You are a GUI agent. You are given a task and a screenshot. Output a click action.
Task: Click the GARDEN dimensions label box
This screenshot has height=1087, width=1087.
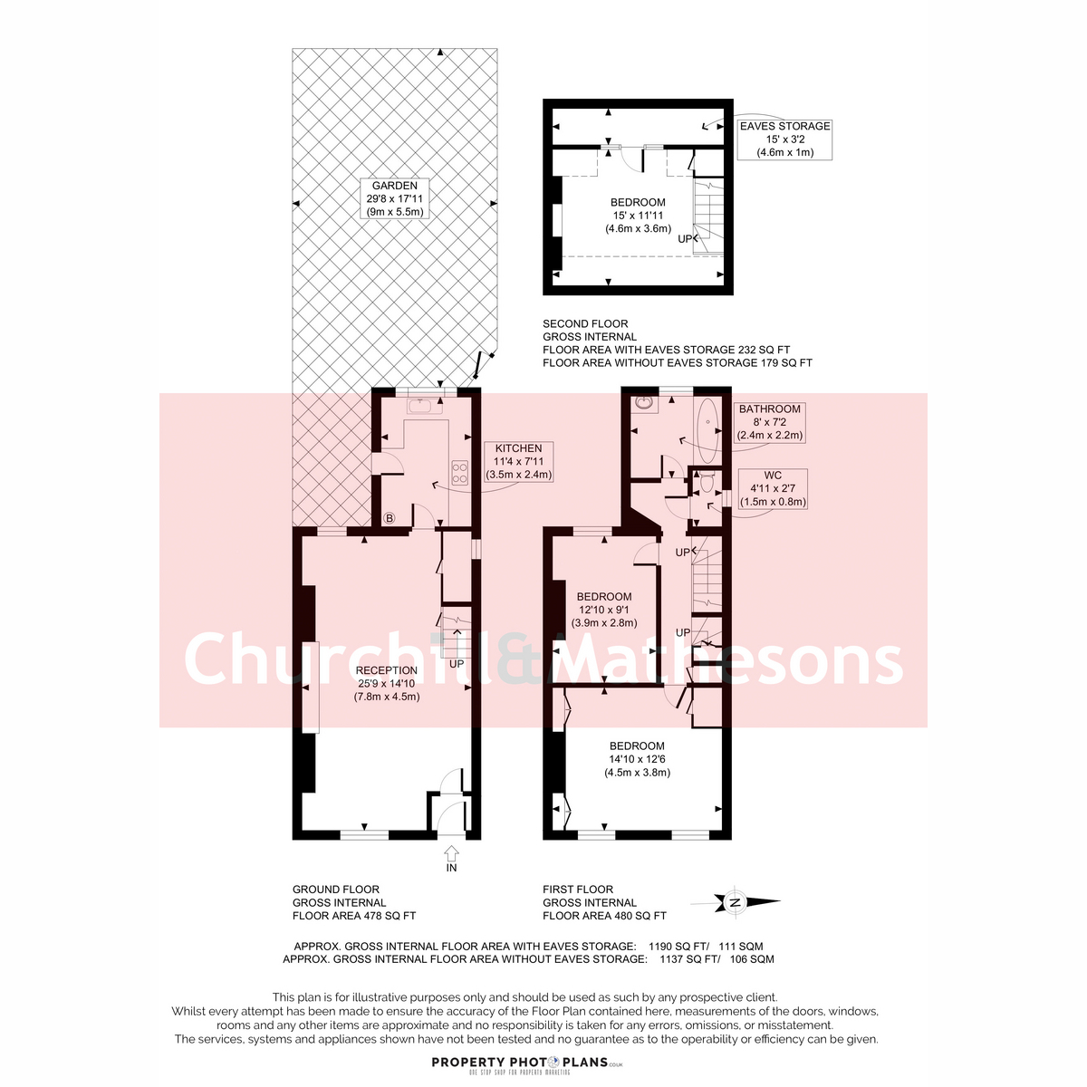(x=394, y=198)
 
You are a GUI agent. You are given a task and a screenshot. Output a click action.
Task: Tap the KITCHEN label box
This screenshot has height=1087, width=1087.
(x=518, y=461)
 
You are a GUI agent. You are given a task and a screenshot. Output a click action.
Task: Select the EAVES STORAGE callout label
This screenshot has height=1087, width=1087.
(x=784, y=139)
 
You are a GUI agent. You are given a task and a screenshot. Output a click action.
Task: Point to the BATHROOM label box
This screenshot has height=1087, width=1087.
(x=769, y=422)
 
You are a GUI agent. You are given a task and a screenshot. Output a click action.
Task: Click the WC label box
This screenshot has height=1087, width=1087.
(x=773, y=488)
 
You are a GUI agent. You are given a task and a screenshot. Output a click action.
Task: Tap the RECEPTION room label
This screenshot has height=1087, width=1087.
(x=387, y=683)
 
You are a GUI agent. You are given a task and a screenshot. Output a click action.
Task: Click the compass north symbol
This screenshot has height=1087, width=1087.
(x=736, y=902)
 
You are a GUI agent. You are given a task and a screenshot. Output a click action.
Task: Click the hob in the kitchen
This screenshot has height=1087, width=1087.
(x=460, y=473)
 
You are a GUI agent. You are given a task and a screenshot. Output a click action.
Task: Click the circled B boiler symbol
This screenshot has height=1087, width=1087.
(x=390, y=518)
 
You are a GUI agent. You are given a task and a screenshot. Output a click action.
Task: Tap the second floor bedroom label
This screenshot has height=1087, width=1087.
(x=638, y=215)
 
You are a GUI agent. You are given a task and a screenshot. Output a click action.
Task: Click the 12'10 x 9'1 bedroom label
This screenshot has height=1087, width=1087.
(x=604, y=610)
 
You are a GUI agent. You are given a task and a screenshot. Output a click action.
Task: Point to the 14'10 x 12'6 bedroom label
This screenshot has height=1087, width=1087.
(x=637, y=759)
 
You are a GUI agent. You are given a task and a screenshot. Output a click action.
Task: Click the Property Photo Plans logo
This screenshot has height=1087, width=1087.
(x=527, y=1063)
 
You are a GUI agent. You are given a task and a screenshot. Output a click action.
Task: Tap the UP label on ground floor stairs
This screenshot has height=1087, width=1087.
(x=457, y=663)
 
